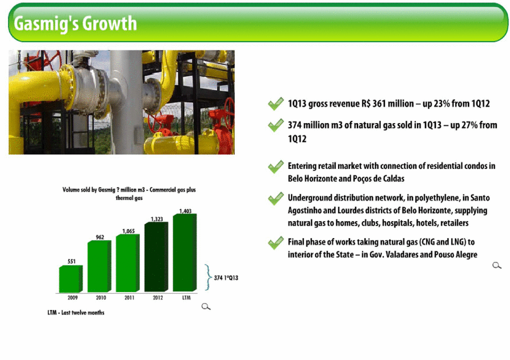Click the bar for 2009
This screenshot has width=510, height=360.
[x=71, y=279]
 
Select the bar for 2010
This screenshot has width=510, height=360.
[x=99, y=266]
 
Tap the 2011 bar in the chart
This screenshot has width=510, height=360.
[x=128, y=263]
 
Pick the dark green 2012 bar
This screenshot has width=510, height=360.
[x=157, y=257]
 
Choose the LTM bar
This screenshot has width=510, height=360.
[x=185, y=253]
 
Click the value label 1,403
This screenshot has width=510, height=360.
[x=186, y=211]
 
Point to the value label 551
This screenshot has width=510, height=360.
[x=71, y=261]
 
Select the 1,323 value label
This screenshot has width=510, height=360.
[x=157, y=219]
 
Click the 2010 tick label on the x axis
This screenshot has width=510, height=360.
[x=101, y=297]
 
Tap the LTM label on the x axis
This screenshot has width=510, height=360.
[x=187, y=297]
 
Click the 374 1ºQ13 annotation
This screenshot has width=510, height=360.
[x=226, y=278]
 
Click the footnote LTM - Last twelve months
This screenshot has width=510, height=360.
[x=76, y=312]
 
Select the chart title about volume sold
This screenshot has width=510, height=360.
[x=129, y=194]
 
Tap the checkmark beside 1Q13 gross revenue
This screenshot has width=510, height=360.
[x=276, y=104]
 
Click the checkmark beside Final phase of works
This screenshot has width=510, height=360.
[x=276, y=243]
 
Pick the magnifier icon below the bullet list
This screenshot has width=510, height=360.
[x=496, y=265]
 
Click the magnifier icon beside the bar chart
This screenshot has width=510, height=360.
[x=206, y=306]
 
